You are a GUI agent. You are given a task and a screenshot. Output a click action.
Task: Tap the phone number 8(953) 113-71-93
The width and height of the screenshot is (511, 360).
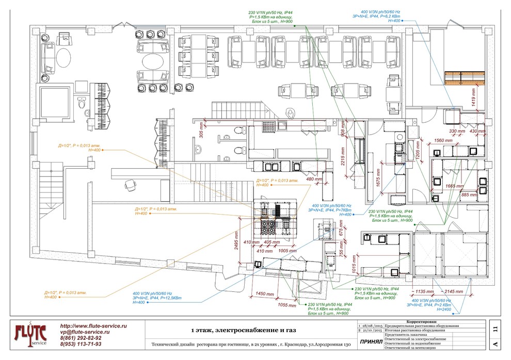[x=81, y=344]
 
